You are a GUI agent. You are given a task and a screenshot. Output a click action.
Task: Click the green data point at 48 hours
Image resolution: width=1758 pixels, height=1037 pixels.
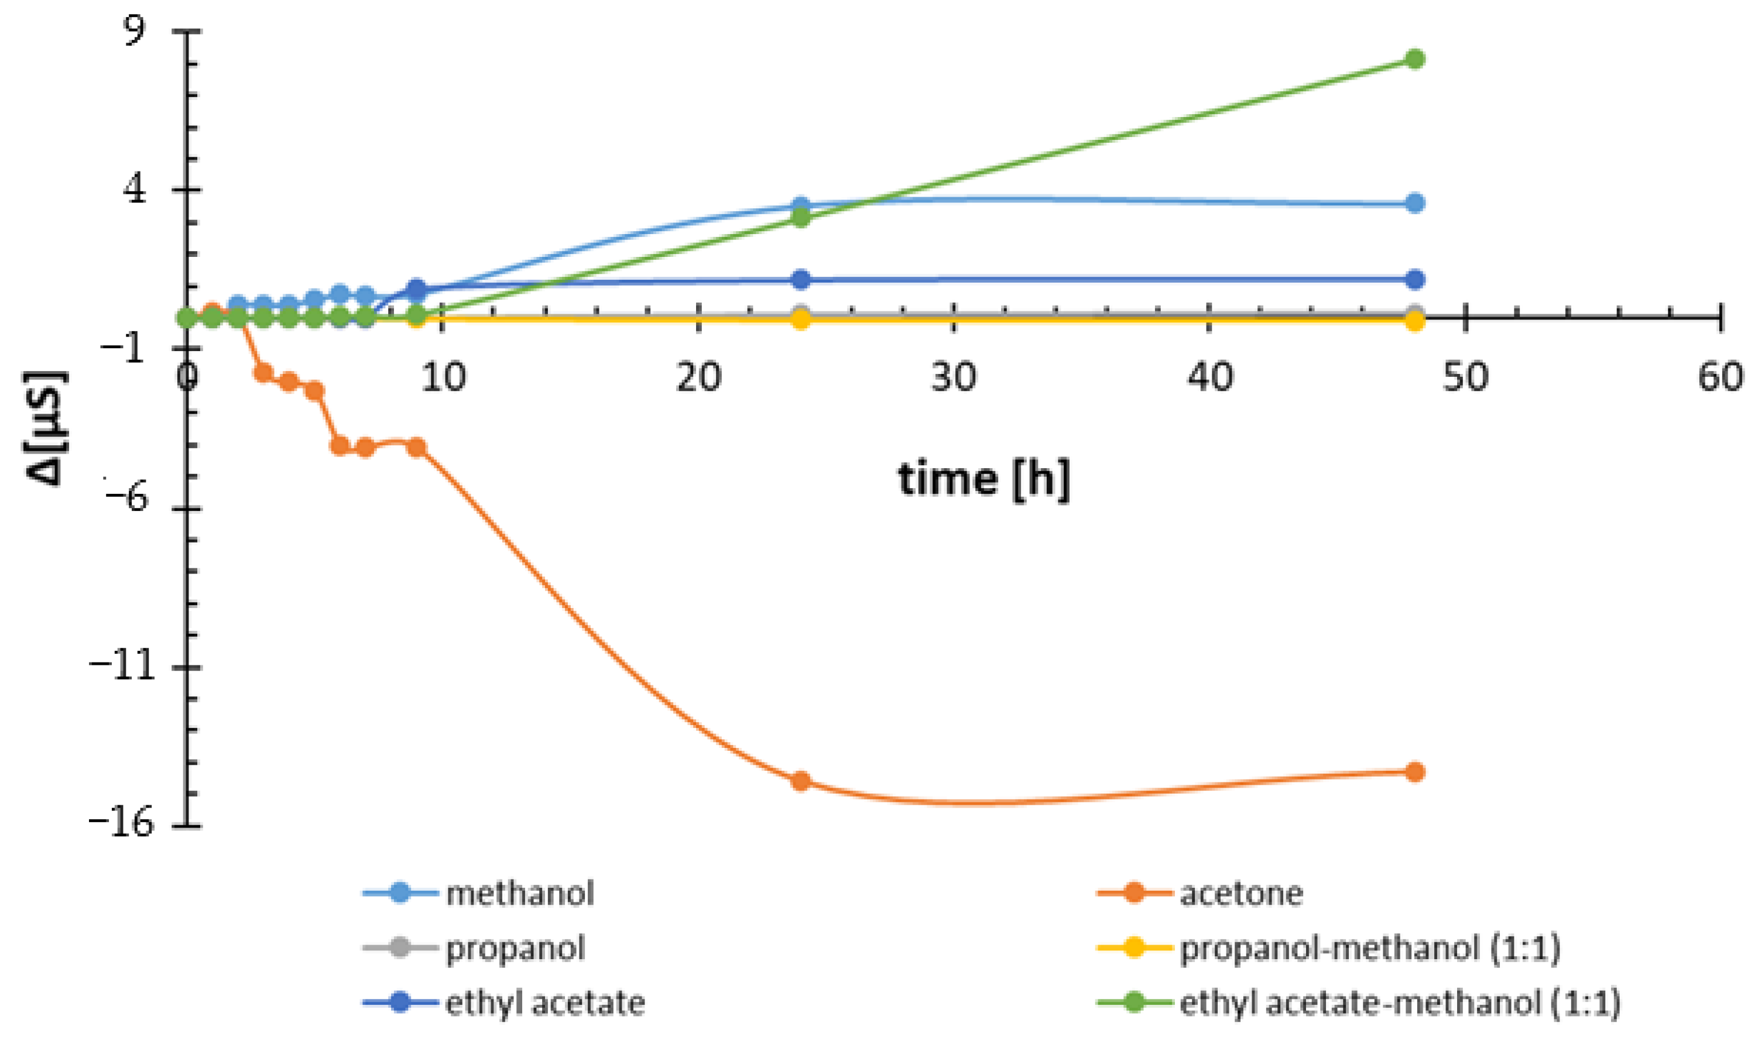click(1414, 59)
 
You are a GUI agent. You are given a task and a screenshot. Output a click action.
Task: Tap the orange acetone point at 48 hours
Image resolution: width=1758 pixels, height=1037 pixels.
click(1414, 771)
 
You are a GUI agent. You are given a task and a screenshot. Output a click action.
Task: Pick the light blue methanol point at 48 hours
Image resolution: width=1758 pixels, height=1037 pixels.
click(1414, 203)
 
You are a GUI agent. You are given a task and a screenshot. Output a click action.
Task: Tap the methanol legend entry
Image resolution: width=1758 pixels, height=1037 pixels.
click(519, 894)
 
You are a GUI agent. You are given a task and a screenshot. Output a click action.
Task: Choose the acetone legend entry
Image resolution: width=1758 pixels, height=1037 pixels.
click(1240, 894)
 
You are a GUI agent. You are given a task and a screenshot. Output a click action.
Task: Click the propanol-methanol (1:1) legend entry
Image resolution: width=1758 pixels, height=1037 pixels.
click(1369, 948)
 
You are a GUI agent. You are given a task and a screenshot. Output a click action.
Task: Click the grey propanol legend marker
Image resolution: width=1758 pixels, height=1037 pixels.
click(399, 948)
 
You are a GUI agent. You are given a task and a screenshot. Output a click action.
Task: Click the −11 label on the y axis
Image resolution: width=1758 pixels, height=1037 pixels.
click(120, 667)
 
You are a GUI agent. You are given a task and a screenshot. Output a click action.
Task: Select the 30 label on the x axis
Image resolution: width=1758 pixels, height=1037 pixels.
click(954, 378)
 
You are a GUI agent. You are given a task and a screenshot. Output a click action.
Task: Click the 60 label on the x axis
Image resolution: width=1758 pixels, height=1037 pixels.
click(1719, 378)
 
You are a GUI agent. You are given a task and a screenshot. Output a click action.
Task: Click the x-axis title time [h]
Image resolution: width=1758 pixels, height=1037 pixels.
click(983, 480)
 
